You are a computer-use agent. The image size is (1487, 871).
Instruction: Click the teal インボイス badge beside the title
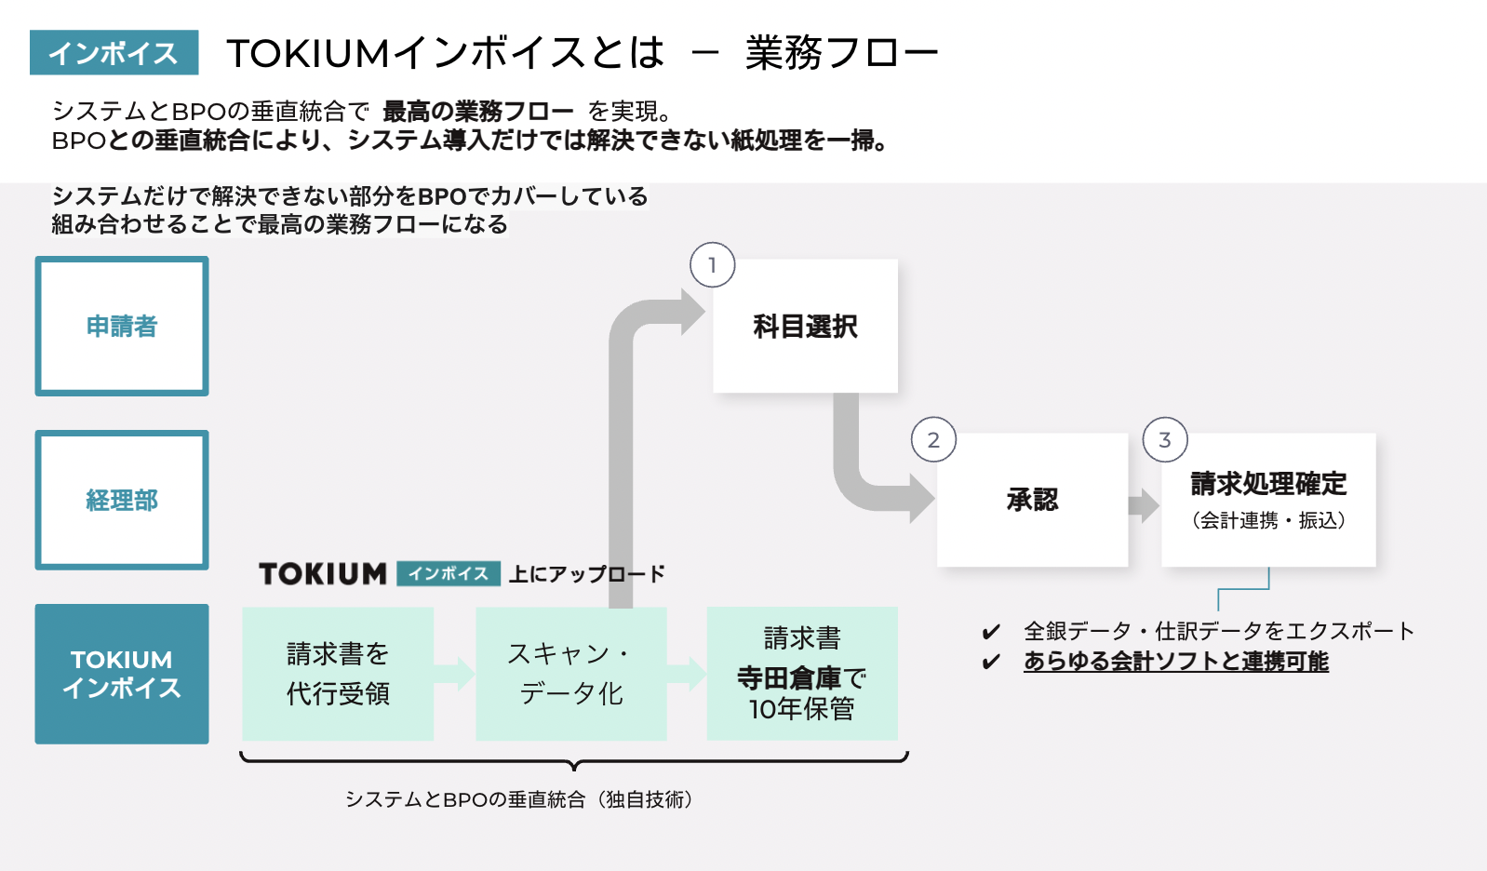(x=114, y=53)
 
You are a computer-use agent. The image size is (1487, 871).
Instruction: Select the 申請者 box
(x=122, y=327)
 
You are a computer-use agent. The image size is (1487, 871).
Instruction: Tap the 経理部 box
(x=122, y=501)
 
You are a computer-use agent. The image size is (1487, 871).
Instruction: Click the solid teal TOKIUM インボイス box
(x=122, y=674)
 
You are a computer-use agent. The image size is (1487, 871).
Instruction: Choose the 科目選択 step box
(x=805, y=327)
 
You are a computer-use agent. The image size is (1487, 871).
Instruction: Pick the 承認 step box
(x=1032, y=501)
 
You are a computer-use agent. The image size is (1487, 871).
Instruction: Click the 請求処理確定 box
(x=1268, y=501)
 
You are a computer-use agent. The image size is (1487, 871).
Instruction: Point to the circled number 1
(x=713, y=265)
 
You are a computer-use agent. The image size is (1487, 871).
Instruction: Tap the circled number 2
(x=933, y=440)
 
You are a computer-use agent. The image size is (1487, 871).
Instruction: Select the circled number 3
(x=1165, y=440)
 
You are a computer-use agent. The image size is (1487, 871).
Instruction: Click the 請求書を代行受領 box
(x=338, y=674)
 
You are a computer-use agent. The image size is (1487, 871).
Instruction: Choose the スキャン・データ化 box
(x=571, y=674)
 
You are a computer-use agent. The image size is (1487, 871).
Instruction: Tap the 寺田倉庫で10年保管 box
(x=802, y=674)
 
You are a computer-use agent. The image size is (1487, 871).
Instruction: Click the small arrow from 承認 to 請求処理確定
(x=1144, y=505)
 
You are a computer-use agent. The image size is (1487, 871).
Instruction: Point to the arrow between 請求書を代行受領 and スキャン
(x=455, y=674)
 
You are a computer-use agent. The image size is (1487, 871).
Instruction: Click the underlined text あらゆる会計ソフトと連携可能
(x=1176, y=661)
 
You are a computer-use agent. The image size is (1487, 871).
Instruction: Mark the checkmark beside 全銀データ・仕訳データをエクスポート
(x=991, y=633)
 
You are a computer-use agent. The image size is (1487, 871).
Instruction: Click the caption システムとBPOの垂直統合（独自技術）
(x=519, y=799)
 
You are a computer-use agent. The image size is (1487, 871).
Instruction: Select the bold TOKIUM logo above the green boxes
(x=323, y=574)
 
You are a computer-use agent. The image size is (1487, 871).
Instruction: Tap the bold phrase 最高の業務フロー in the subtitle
(x=478, y=112)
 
